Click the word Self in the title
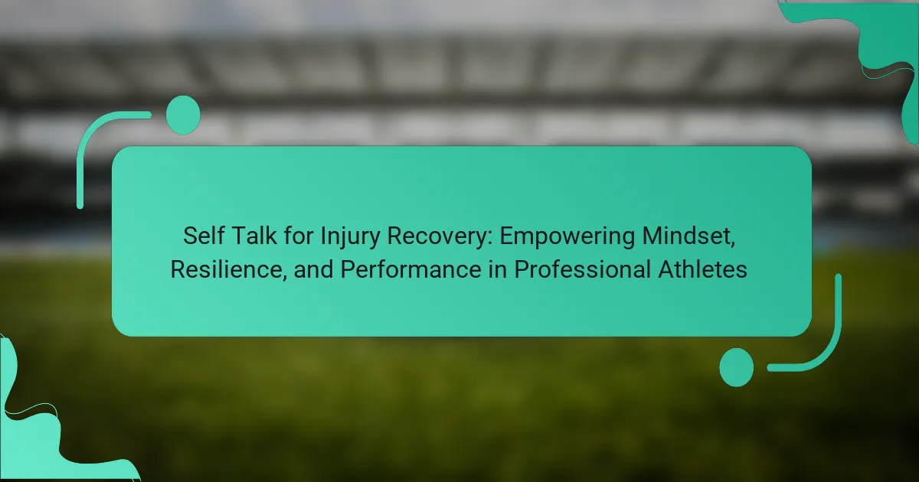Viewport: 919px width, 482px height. point(203,236)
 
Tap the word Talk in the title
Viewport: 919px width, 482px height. point(254,236)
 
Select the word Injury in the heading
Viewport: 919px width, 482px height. point(350,237)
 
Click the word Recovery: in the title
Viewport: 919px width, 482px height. point(440,237)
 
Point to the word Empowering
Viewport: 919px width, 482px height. point(567,237)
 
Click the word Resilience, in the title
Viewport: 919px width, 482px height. point(228,270)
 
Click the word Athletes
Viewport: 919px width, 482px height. point(703,269)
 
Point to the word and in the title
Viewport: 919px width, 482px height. point(313,269)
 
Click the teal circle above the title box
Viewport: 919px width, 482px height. point(183,115)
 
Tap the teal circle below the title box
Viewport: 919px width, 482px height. point(737,367)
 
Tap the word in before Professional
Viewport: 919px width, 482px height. point(498,269)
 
